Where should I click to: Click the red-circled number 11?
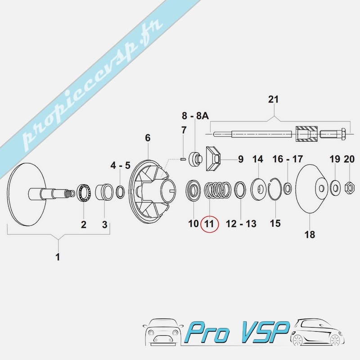click(209, 224)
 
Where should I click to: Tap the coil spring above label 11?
click(217, 190)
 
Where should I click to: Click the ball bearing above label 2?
click(85, 193)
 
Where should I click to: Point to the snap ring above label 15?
click(274, 189)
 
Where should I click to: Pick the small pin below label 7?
click(183, 159)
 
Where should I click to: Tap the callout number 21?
click(273, 99)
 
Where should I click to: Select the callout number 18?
click(310, 234)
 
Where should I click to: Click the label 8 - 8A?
click(195, 116)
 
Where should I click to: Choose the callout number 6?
click(148, 138)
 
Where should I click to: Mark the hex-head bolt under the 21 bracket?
click(333, 133)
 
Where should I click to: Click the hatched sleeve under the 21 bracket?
click(306, 134)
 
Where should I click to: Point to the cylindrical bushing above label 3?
click(104, 192)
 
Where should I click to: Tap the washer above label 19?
click(335, 188)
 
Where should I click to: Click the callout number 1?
click(58, 256)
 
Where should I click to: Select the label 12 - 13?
click(241, 224)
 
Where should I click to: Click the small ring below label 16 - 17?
click(288, 188)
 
